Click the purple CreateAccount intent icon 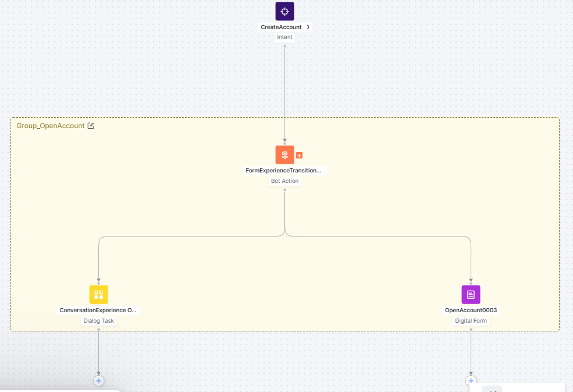click(x=284, y=11)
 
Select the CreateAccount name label click(x=282, y=27)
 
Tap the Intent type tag click(x=284, y=37)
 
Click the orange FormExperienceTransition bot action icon click(x=284, y=155)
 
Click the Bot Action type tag click(x=284, y=181)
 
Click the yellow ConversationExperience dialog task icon click(x=98, y=295)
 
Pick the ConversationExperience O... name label click(x=98, y=310)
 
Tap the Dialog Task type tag click(x=98, y=321)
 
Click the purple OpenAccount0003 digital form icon click(x=471, y=295)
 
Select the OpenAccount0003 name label click(x=471, y=310)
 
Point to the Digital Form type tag click(x=471, y=321)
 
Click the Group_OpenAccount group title click(x=51, y=126)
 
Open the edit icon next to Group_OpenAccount click(x=91, y=126)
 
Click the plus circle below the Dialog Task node click(x=98, y=380)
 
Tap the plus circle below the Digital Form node click(x=471, y=380)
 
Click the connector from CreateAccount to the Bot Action click(x=284, y=93)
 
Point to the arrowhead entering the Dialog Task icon click(x=98, y=280)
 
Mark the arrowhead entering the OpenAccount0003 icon click(x=471, y=280)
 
